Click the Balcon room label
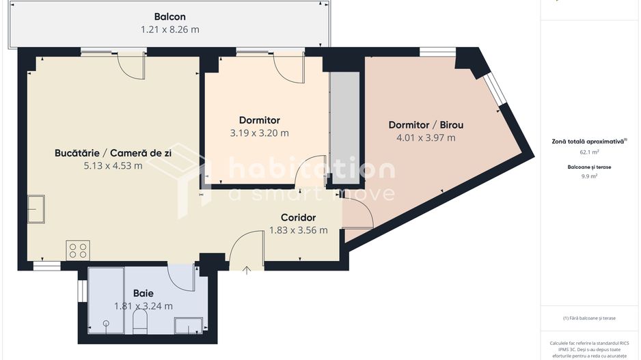pos(169,17)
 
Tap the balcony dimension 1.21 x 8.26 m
pos(169,29)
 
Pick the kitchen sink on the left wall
pos(36,209)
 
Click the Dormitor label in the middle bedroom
pos(259,121)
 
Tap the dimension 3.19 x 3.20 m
pos(259,133)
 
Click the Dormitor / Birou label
pos(426,125)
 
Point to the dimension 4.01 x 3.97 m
pos(426,137)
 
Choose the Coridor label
pos(298,218)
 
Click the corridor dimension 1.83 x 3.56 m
pos(298,230)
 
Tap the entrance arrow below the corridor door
pos(247,270)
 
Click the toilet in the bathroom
pos(139,324)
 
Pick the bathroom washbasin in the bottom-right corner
pos(188,325)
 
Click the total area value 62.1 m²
pos(589,152)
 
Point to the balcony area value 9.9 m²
pos(589,176)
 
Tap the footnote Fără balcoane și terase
pos(589,318)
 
